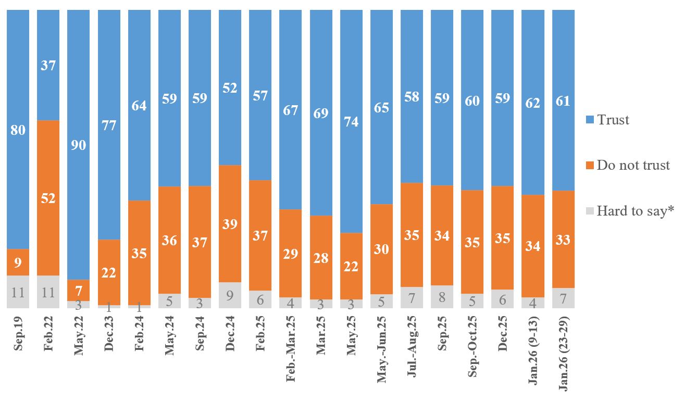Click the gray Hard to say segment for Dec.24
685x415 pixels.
[x=230, y=295]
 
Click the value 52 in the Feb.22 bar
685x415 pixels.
[x=48, y=199]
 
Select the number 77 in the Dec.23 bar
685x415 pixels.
[x=109, y=125]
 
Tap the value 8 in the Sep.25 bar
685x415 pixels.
[x=442, y=297]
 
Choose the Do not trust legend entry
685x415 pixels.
[x=627, y=166]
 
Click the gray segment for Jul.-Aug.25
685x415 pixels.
[x=412, y=297]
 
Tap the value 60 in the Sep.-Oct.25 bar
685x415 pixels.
[x=472, y=100]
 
